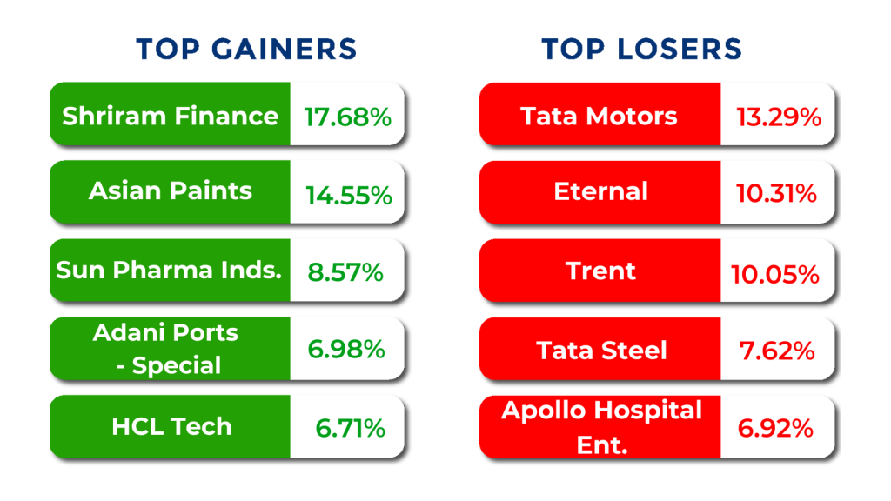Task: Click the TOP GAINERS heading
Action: pyautogui.click(x=246, y=49)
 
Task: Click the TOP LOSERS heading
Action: pyautogui.click(x=642, y=49)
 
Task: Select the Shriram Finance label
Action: pyautogui.click(x=171, y=116)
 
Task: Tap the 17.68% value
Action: pyautogui.click(x=347, y=117)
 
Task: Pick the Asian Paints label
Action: pyautogui.click(x=171, y=191)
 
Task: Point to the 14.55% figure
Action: pyautogui.click(x=348, y=196)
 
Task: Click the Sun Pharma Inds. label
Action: pyautogui.click(x=170, y=270)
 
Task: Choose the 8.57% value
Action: pyautogui.click(x=345, y=272)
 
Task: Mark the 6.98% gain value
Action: pyautogui.click(x=345, y=350)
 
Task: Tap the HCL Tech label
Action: pyautogui.click(x=171, y=426)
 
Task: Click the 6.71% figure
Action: pyautogui.click(x=350, y=428)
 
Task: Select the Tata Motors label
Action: pyautogui.click(x=599, y=116)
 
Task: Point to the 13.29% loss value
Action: pyautogui.click(x=779, y=117)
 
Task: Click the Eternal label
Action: pyautogui.click(x=600, y=191)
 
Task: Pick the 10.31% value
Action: pyautogui.click(x=776, y=195)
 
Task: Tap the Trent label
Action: pyautogui.click(x=600, y=271)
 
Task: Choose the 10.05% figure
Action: pyautogui.click(x=774, y=275)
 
